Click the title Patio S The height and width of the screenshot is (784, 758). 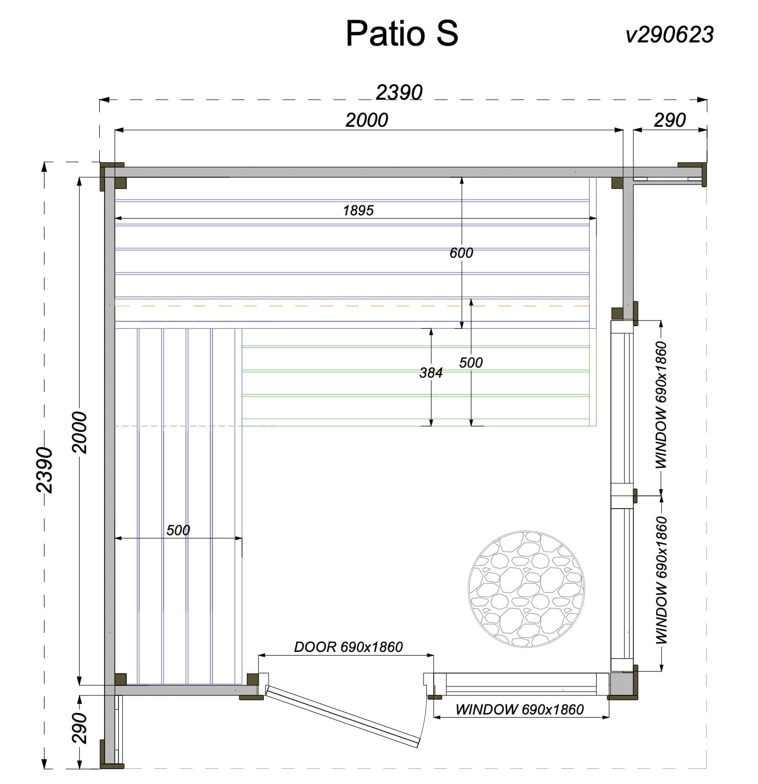tap(402, 33)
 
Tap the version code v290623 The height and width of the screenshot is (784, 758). tap(669, 34)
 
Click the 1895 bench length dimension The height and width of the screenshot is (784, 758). tap(358, 210)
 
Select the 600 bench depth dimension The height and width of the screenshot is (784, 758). tap(461, 252)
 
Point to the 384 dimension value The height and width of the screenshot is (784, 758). tap(431, 373)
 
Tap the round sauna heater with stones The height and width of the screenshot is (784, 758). tap(526, 589)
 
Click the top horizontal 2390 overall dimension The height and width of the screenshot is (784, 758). tap(399, 92)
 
